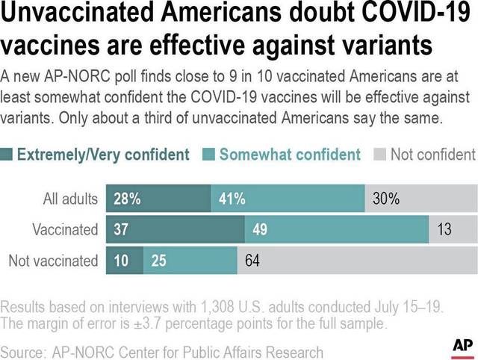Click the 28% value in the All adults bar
[128, 199]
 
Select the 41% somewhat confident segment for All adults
[232, 199]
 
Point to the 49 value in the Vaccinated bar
[260, 230]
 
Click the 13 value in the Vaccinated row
[444, 230]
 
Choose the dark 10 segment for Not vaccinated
[121, 261]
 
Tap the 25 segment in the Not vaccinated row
[158, 261]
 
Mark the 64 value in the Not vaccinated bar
[252, 261]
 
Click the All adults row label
[71, 199]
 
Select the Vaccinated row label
[66, 230]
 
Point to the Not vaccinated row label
[53, 261]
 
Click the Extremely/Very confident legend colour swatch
[7, 155]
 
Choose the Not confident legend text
[432, 155]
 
